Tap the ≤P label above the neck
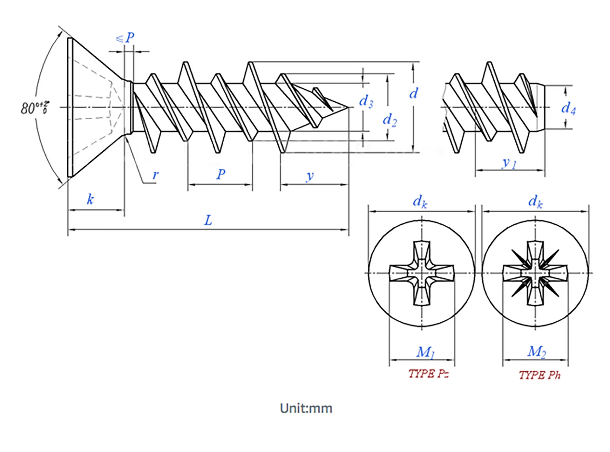(125, 38)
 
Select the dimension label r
(155, 175)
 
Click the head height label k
(90, 199)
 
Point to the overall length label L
(208, 220)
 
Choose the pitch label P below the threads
(221, 174)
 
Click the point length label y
(310, 176)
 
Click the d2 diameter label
(390, 120)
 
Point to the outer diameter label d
(413, 93)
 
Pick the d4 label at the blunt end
(568, 108)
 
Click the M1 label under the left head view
(425, 352)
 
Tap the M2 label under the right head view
(537, 352)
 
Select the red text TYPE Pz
(428, 373)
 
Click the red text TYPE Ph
(539, 375)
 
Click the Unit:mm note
(306, 408)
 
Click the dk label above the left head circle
(420, 202)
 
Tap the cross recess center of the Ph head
(535, 273)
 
